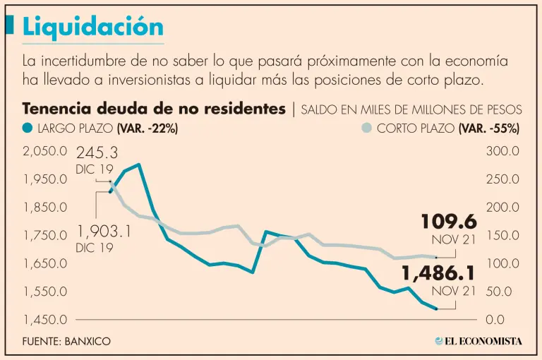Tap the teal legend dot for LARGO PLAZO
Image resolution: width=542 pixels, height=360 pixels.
[28, 128]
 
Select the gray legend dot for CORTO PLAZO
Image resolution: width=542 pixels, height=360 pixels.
[366, 128]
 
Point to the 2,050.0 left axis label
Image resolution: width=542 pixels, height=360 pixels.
[44, 151]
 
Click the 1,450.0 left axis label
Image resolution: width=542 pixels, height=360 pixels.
[44, 320]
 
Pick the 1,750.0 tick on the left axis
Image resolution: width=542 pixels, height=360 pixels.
[44, 235]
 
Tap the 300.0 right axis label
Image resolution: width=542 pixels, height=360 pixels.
[503, 151]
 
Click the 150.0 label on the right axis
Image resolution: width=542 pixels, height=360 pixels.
[503, 235]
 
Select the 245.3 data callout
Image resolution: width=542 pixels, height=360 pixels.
[97, 152]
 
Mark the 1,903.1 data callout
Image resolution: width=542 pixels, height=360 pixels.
[104, 232]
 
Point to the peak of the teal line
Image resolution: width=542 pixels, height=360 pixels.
[139, 164]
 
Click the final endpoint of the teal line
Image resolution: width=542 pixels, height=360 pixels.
[436, 308]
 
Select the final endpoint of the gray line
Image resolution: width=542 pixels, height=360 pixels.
[436, 257]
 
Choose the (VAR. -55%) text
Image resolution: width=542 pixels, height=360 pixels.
[489, 128]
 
